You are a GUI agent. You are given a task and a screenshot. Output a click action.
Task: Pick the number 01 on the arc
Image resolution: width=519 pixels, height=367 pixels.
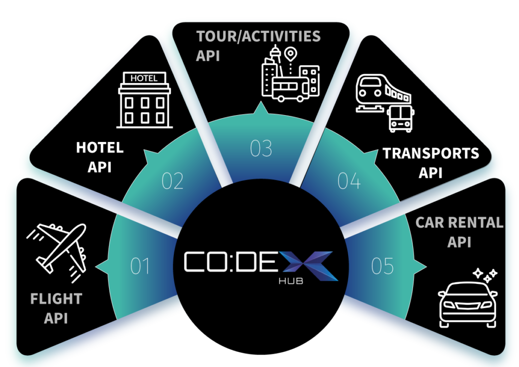[x=140, y=266]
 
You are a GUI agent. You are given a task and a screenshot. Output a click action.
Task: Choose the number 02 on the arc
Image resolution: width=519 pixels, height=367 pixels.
[x=172, y=181]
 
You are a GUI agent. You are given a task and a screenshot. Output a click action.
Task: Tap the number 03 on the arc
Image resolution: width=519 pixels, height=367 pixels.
[x=262, y=149]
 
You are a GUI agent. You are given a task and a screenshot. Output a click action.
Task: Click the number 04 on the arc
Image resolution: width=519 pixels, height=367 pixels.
[x=349, y=181]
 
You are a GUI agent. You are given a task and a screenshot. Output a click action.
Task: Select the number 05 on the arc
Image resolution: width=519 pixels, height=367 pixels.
[x=382, y=266]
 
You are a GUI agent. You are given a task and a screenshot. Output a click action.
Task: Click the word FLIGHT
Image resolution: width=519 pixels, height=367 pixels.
[x=56, y=299]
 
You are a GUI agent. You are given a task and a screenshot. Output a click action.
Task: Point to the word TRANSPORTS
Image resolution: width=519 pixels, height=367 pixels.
[x=431, y=153]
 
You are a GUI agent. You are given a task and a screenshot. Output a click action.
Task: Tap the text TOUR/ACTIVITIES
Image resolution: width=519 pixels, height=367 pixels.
[x=258, y=36]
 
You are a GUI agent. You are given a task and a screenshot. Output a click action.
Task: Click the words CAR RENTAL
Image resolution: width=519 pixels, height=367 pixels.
[x=459, y=223]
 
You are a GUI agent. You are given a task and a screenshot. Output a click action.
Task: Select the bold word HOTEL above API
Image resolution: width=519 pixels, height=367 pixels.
[x=100, y=148]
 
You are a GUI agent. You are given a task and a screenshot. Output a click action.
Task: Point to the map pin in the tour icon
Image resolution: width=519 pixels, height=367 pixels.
[x=290, y=53]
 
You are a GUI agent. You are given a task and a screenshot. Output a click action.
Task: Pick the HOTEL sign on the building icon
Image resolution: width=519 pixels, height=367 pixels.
[x=144, y=78]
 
